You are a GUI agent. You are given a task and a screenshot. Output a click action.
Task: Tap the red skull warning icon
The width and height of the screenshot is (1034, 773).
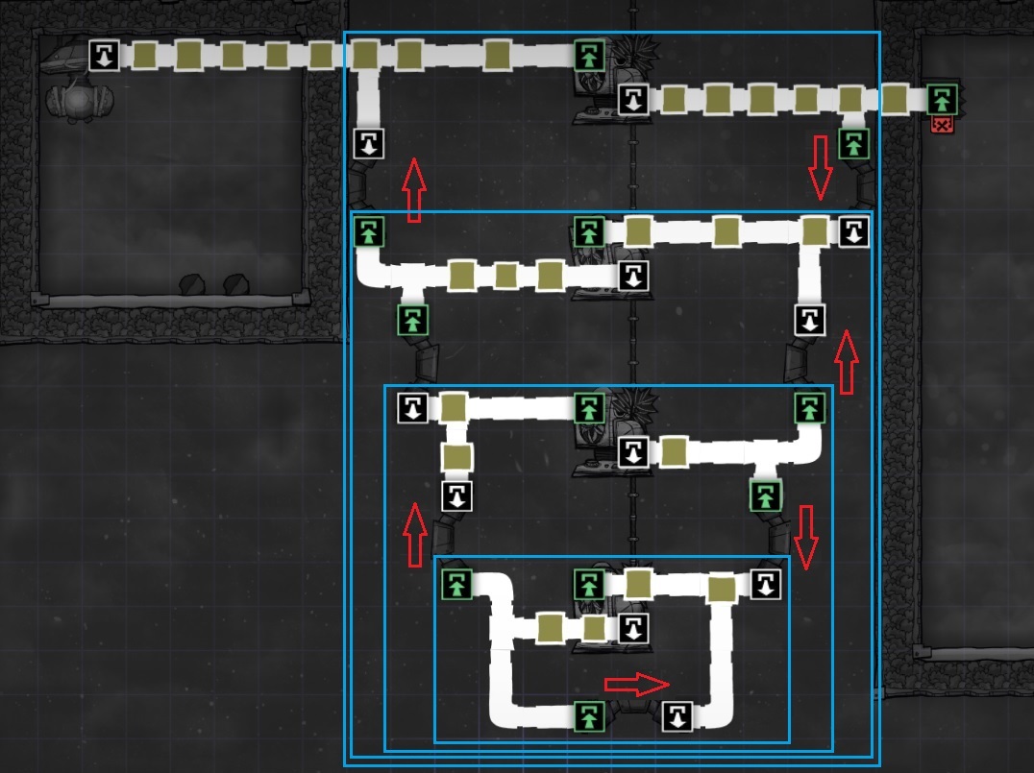(942, 124)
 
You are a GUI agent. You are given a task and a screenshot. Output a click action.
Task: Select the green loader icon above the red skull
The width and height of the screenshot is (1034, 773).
(942, 98)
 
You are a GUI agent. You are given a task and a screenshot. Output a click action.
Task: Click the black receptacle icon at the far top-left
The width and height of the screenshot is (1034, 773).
(104, 55)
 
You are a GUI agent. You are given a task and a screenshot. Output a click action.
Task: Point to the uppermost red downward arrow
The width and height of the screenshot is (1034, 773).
(820, 167)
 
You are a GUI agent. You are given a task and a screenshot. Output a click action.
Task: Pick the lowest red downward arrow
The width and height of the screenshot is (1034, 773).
(806, 537)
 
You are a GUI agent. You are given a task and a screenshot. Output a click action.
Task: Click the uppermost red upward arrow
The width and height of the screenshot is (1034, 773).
(413, 190)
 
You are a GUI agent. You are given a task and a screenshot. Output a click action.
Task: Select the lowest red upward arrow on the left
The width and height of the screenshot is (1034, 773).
(414, 534)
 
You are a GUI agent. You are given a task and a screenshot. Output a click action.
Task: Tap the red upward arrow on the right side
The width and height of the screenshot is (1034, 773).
(846, 361)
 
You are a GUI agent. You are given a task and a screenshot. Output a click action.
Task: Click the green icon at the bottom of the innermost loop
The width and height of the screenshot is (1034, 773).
(589, 715)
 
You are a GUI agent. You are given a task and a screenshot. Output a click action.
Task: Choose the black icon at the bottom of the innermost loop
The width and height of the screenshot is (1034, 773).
(677, 715)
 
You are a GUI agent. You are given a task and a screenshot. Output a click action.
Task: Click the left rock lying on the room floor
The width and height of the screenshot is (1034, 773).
(192, 284)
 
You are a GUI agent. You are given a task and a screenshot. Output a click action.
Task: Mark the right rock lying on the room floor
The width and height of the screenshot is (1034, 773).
(236, 284)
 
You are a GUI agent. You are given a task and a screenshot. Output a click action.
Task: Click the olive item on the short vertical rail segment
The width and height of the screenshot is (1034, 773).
(456, 456)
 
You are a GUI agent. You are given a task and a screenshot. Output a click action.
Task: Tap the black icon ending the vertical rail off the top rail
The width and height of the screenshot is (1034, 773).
(369, 144)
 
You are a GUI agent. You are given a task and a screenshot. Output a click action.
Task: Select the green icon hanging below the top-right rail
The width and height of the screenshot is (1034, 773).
(853, 144)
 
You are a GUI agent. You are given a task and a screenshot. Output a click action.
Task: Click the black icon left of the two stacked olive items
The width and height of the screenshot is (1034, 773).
(412, 408)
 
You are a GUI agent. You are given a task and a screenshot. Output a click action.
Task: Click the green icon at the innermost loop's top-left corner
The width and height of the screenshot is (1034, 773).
(456, 584)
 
